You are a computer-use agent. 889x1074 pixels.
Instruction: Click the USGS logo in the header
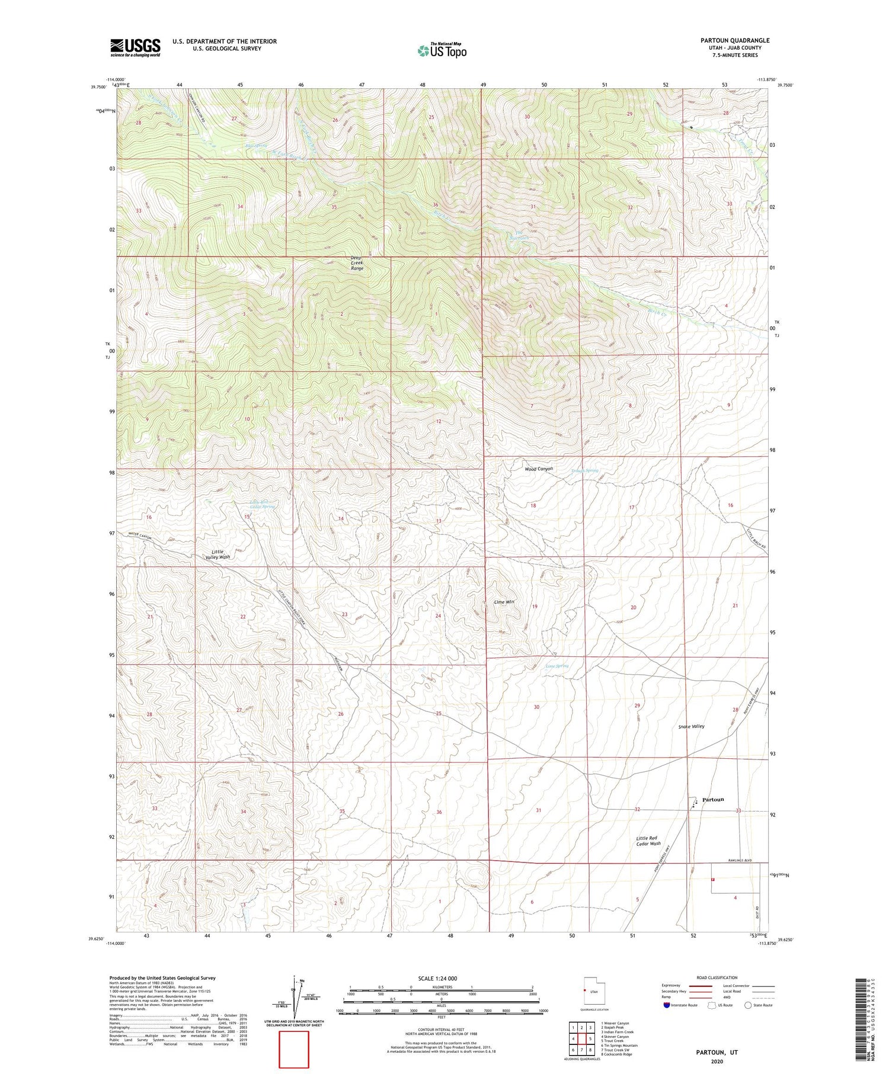point(135,47)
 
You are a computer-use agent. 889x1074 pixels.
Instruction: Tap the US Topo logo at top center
point(442,51)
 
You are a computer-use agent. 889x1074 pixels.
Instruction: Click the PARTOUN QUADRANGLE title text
point(734,40)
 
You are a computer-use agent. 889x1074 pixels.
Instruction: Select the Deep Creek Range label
point(357,263)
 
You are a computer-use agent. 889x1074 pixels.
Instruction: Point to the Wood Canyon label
point(538,469)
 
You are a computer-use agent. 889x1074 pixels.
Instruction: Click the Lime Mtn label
point(504,602)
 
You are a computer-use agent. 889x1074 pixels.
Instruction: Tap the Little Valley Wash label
point(218,554)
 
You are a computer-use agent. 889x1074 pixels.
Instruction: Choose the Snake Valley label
point(691,726)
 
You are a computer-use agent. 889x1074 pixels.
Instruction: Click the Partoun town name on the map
point(712,800)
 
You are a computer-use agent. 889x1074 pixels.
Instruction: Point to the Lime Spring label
point(557,666)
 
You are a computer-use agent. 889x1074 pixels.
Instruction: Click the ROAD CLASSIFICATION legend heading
point(717,977)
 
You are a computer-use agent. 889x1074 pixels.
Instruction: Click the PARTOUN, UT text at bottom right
point(717,1053)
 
